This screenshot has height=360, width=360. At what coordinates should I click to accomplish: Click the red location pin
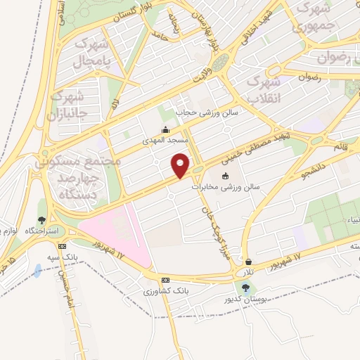(x=181, y=165)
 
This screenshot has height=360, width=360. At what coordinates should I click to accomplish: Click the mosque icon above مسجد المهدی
(x=165, y=129)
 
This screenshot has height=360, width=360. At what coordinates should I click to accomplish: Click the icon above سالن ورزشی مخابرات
(x=225, y=176)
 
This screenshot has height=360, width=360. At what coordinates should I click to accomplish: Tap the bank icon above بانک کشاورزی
(x=165, y=279)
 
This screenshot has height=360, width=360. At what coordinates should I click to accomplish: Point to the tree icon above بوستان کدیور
(x=245, y=288)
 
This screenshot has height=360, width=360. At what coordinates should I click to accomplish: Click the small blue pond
(x=37, y=270)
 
